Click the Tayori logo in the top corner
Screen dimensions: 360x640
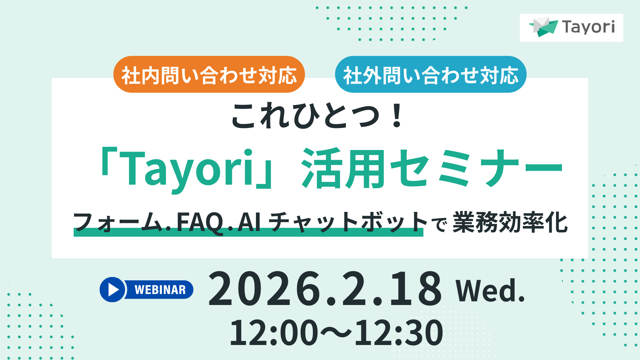571,27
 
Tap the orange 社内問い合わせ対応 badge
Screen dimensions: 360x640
209,75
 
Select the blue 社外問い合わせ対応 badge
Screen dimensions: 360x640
430,75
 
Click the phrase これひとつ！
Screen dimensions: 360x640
317,115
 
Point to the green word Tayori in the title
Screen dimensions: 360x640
189,168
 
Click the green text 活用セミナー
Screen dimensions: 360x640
432,168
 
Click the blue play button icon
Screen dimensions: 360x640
113,290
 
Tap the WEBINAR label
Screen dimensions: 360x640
160,290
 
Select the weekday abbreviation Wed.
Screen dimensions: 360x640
490,291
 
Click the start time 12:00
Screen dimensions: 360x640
274,333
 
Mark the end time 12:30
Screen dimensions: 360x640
399,333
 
